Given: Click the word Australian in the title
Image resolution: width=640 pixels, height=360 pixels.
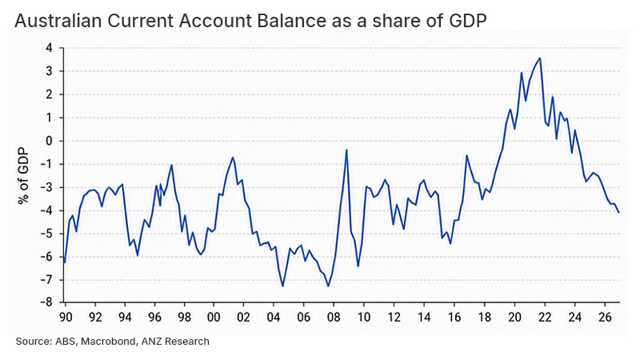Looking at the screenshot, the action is pos(58,21).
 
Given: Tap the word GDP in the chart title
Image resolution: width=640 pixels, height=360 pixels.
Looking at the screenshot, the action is pos(466,21).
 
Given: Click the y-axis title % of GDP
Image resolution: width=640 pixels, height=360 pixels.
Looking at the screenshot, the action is pos(24,176).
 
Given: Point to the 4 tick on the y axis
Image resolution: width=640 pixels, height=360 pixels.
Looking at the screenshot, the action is pos(50,48).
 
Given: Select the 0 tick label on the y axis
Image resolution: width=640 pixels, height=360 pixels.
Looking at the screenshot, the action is pos(50,142).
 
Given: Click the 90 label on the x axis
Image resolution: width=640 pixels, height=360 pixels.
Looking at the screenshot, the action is pos(66,317).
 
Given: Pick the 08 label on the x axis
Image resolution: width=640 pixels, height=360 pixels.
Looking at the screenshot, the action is pos(334,317).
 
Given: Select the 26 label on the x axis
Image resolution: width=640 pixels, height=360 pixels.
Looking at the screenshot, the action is pos(605,317).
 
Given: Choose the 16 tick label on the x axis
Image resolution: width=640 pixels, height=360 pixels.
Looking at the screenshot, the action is pos(454,317).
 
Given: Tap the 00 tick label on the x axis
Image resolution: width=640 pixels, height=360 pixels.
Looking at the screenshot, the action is pos(214,317).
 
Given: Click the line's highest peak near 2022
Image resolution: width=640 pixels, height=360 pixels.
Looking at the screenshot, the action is pos(540,58).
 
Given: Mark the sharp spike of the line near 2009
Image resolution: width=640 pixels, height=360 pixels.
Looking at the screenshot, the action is pos(346,150).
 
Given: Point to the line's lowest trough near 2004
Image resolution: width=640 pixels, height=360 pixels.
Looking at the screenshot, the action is pos(283,286).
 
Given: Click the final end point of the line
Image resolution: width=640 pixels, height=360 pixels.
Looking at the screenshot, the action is pos(619,212).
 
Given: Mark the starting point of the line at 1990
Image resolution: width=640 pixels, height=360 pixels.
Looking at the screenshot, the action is pos(65,262).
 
